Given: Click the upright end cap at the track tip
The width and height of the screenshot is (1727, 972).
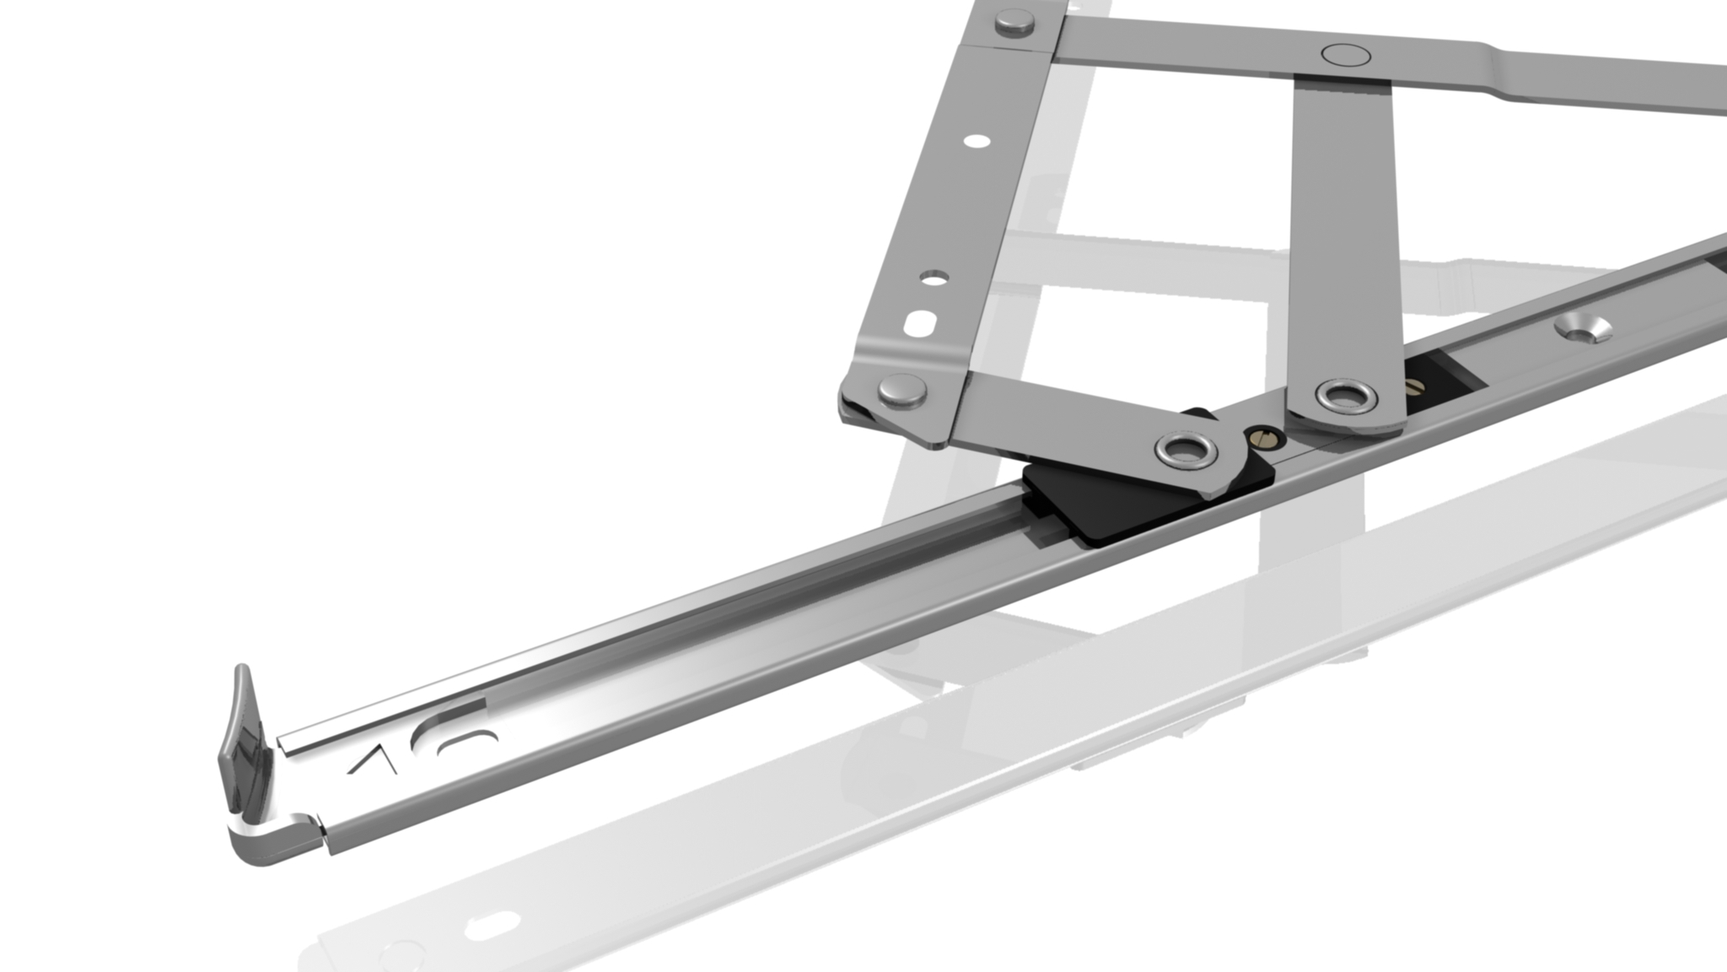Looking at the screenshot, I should (243, 742).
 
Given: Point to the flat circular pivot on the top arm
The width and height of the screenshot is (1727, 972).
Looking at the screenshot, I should (1346, 55).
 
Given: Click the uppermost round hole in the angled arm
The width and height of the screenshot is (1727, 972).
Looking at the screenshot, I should (976, 141).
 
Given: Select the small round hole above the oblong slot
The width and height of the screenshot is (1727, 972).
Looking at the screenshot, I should (934, 278).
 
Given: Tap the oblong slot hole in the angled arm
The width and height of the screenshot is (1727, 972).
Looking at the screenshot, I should (920, 321).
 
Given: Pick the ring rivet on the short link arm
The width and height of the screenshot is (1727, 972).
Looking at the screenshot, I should (1186, 450).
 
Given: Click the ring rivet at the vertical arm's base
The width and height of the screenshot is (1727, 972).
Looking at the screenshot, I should (1347, 396).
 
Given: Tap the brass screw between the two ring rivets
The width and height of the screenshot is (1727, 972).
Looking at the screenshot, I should (1262, 436).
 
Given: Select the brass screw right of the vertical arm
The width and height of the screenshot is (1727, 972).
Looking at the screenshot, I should (1413, 387).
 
